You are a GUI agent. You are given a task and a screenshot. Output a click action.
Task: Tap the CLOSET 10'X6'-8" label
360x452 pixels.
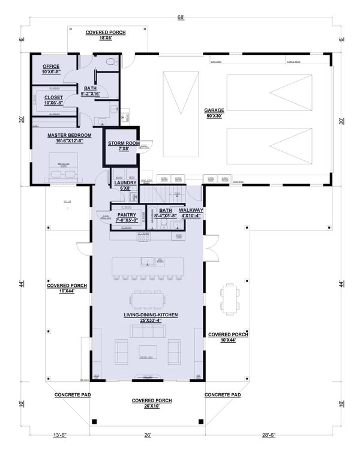tap(50, 100)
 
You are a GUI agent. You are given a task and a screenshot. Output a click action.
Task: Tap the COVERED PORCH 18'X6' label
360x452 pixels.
tap(106, 35)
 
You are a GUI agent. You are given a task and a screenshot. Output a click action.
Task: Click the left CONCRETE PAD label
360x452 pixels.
tap(72, 395)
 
